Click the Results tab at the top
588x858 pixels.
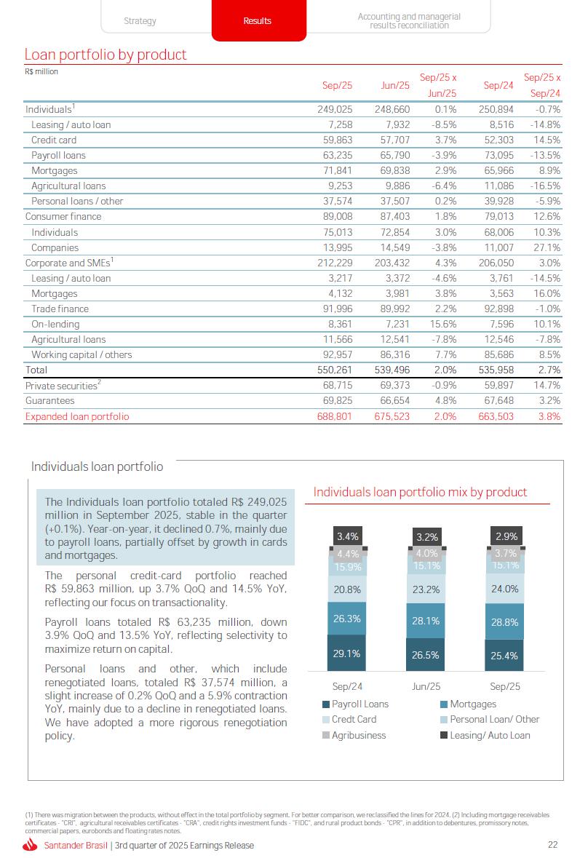tap(257, 21)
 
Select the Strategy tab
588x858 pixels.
tap(140, 21)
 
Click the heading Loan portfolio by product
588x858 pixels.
tap(106, 55)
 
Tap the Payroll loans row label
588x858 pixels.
tap(58, 155)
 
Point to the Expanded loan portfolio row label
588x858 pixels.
tap(77, 416)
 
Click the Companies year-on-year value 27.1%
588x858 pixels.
tap(547, 247)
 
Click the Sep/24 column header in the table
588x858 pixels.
tap(498, 85)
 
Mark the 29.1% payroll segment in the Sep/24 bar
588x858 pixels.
tap(347, 654)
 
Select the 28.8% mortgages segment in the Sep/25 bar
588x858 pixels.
tap(505, 622)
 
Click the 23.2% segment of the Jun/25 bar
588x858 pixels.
tap(426, 589)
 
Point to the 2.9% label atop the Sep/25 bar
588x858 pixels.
tap(506, 536)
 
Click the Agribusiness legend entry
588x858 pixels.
tap(359, 735)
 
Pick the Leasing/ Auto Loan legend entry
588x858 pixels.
tap(490, 735)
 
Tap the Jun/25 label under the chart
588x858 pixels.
tap(426, 686)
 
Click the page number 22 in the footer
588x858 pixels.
tap(552, 844)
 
